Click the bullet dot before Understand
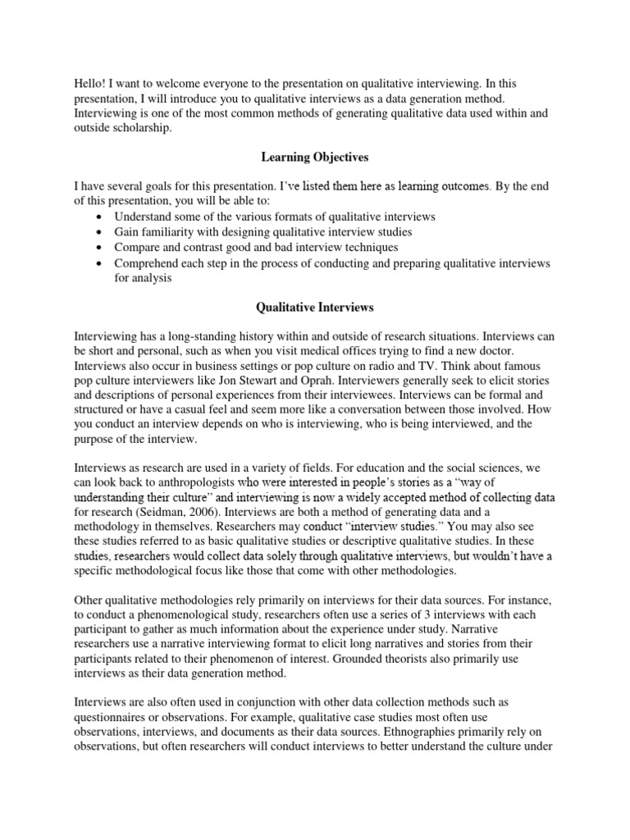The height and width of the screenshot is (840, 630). pyautogui.click(x=99, y=217)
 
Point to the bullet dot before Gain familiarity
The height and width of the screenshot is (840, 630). pyautogui.click(x=99, y=232)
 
